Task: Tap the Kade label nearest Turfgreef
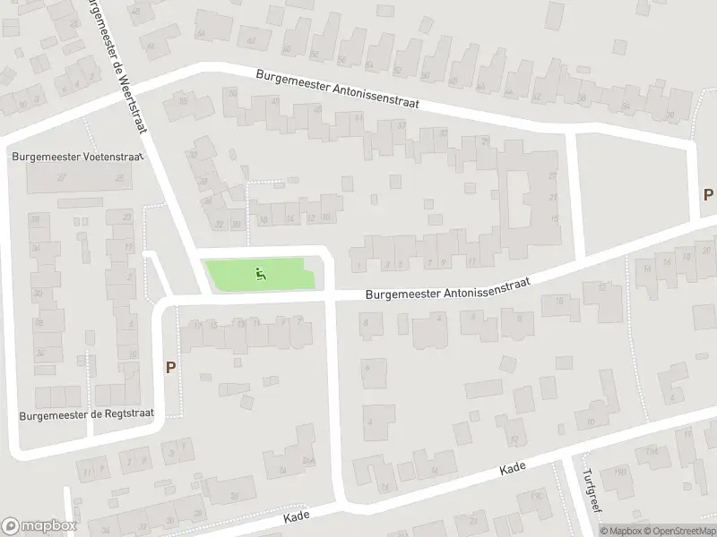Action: (x=512, y=468)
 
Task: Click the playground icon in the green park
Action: (x=261, y=273)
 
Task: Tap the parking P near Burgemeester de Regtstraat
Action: (x=169, y=367)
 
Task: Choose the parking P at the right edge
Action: (x=708, y=194)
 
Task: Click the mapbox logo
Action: (x=39, y=526)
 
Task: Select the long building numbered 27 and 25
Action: (x=76, y=177)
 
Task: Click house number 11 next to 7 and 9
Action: (x=471, y=260)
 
